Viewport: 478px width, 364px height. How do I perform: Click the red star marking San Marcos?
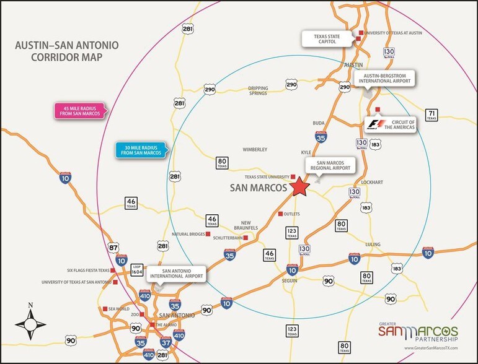click(301, 186)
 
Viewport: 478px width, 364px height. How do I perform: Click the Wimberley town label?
click(254, 149)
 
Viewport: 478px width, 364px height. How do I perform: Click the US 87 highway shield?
click(113, 247)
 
